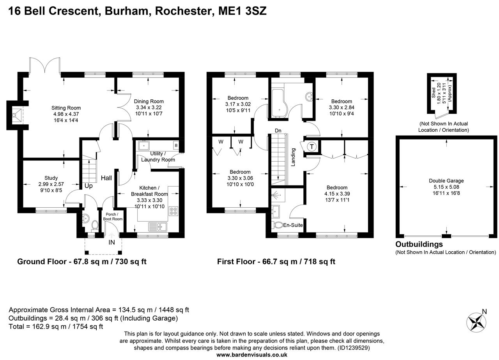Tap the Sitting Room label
(66, 108)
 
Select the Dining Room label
(149, 101)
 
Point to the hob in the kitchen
(173, 211)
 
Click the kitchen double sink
(157, 226)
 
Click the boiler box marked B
(176, 146)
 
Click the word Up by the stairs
(88, 186)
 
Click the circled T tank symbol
(312, 147)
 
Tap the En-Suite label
(293, 225)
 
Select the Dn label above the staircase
(278, 131)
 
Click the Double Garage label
(446, 180)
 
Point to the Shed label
(433, 92)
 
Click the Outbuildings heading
(419, 244)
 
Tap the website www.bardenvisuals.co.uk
(252, 355)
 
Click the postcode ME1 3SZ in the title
(242, 11)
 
